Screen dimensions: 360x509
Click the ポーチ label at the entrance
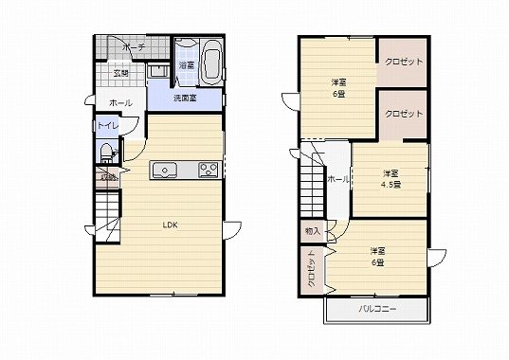pyautogui.click(x=132, y=45)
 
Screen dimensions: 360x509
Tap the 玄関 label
pyautogui.click(x=121, y=72)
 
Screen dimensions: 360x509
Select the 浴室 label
pyautogui.click(x=187, y=65)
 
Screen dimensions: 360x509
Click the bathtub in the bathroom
pyautogui.click(x=210, y=63)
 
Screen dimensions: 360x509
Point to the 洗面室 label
pyautogui.click(x=184, y=99)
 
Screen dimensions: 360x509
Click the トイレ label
pyautogui.click(x=107, y=126)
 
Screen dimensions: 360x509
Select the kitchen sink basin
pyautogui.click(x=165, y=171)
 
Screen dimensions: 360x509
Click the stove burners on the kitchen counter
pyautogui.click(x=208, y=170)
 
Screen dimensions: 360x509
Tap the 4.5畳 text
pyautogui.click(x=391, y=184)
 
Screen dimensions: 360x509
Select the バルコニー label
pyautogui.click(x=375, y=309)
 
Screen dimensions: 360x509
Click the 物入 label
pyautogui.click(x=312, y=230)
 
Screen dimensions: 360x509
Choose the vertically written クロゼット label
pyautogui.click(x=310, y=273)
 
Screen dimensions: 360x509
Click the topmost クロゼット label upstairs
pyautogui.click(x=404, y=63)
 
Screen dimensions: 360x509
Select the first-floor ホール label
pyautogui.click(x=120, y=102)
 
